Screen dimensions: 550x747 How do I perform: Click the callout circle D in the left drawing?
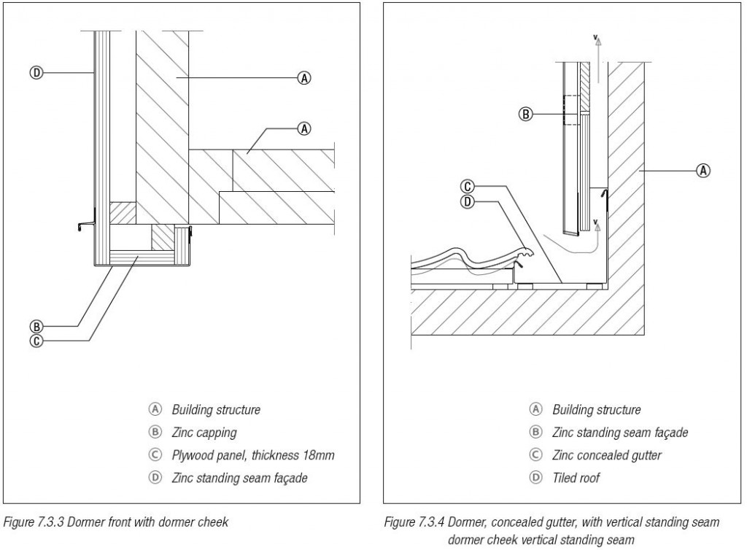pos(34,72)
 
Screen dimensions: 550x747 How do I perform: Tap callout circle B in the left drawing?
pos(34,326)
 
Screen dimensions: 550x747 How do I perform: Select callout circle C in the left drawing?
pos(34,339)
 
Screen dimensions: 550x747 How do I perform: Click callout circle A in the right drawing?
pos(703,170)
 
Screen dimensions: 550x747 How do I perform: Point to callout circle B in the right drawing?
pos(525,113)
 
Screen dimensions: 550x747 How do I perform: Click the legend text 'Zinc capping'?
pos(204,433)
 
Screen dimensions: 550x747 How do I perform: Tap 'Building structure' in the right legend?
pos(596,410)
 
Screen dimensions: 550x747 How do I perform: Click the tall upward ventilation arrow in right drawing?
pos(597,58)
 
